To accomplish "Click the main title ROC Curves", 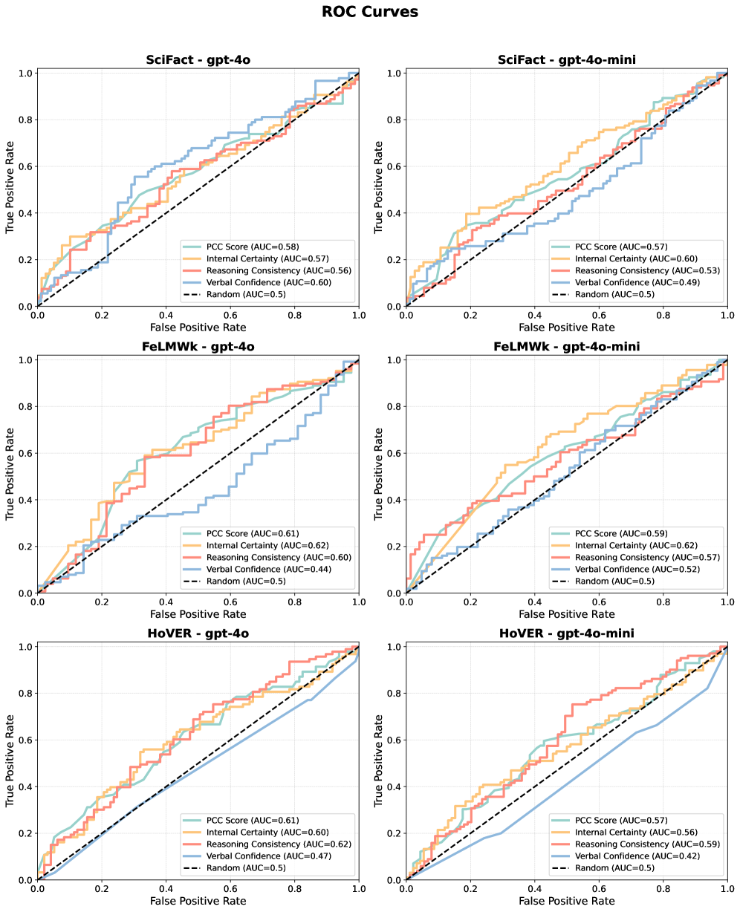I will coord(370,12).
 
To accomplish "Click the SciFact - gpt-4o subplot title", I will coord(198,60).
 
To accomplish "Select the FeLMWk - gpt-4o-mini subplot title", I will coord(566,347).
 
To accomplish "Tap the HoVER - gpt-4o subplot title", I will coord(198,633).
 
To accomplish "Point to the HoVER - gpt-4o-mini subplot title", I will coord(566,633).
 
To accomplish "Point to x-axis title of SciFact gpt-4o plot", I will coord(198,327).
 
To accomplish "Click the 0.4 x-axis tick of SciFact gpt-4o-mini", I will coord(534,315).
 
